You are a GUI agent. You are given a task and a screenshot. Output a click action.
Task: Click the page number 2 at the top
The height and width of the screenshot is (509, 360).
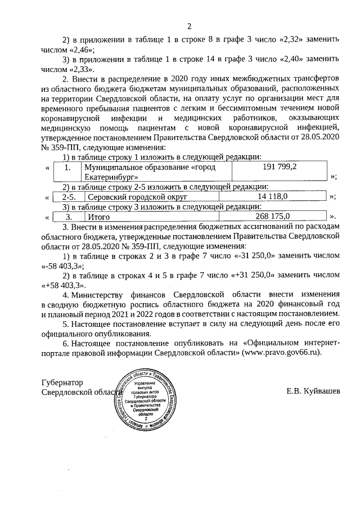coord(189,25)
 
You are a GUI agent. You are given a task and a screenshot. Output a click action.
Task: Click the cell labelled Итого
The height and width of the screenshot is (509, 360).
coord(99,216)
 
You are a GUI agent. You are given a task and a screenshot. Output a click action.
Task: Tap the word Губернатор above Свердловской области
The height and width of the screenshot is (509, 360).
coord(62,381)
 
